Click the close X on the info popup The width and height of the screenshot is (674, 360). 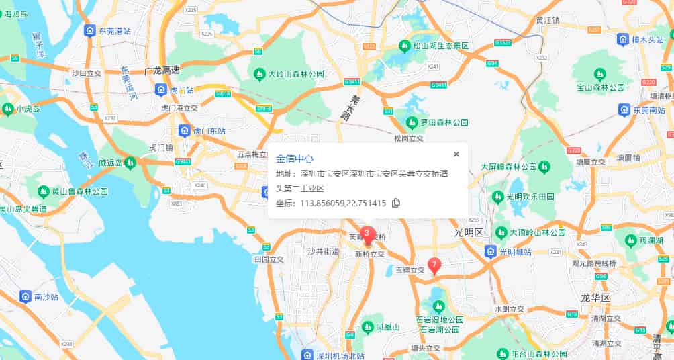click(456, 154)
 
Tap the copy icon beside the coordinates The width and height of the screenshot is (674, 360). click(395, 203)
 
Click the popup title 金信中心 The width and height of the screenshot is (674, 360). click(295, 159)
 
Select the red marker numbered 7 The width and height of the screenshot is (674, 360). click(434, 265)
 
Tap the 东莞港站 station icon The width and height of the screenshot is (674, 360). click(89, 31)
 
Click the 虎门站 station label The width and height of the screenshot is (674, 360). click(181, 89)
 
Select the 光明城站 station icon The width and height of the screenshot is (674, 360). click(491, 252)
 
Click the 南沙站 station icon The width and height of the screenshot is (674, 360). click(25, 296)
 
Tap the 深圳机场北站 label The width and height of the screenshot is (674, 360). click(340, 355)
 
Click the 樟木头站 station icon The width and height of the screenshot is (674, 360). click(622, 40)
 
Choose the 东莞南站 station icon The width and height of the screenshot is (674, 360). click(624, 109)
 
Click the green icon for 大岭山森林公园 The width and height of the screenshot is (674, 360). click(258, 73)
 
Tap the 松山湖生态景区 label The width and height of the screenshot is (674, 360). click(444, 46)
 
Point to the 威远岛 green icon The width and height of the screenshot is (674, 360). click(129, 162)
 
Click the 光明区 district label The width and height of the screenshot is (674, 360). click(469, 232)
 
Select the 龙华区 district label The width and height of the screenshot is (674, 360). click(595, 297)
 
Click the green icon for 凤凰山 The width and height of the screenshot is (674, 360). click(367, 327)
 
